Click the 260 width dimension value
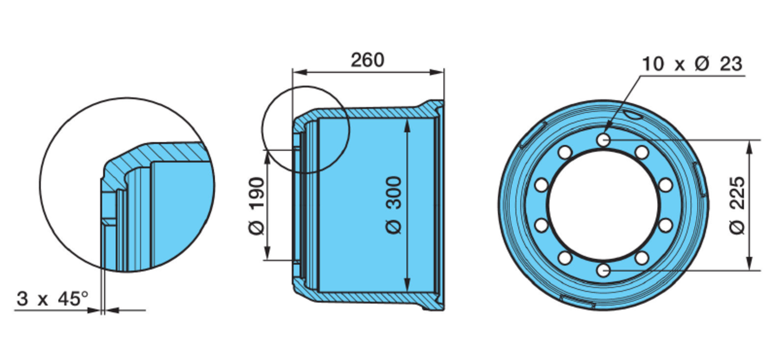tap(368, 60)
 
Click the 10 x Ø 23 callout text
tap(692, 64)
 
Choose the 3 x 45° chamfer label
tap(52, 299)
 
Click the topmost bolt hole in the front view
tap(603, 140)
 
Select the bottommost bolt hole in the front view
tap(603, 270)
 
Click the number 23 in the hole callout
tap(731, 64)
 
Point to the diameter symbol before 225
tap(738, 226)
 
